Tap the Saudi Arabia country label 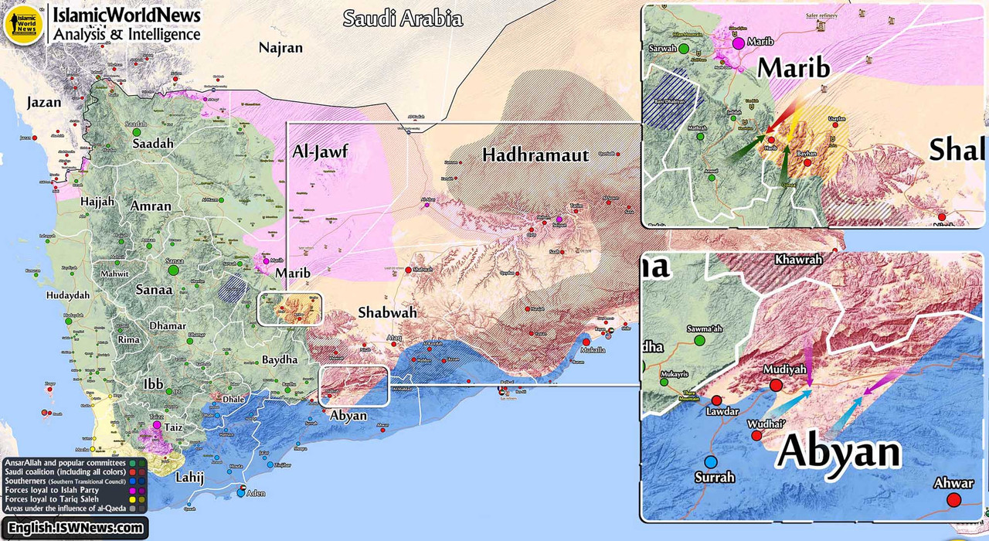coord(402,18)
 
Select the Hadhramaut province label coord(535,155)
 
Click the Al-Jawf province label coord(321,151)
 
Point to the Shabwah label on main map coord(387,313)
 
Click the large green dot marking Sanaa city coord(173,270)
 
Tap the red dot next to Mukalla coord(586,342)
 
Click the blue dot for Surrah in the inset coord(710,462)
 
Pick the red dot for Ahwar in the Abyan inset coord(953,500)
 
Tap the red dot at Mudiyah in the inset coord(776,385)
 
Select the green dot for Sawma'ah coord(699,340)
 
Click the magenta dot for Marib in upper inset coord(739,43)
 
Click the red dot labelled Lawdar coord(717,400)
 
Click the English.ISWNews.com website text coord(76,528)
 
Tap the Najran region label coord(280,48)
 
